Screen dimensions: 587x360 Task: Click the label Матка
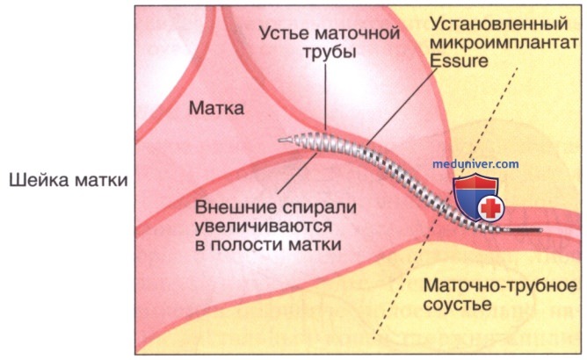click(216, 109)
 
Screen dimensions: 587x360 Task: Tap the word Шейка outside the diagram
click(38, 180)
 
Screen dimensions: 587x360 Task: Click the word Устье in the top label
click(283, 33)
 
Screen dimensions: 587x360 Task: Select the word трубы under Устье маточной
click(329, 53)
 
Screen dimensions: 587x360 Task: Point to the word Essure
click(459, 61)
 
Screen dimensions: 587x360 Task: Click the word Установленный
click(498, 25)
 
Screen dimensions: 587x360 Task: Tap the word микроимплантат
click(504, 43)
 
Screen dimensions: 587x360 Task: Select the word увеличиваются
click(264, 227)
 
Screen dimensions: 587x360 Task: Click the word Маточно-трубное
click(500, 286)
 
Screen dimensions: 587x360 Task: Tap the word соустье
click(457, 305)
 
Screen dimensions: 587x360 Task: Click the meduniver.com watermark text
click(475, 164)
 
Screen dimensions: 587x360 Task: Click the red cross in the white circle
click(490, 208)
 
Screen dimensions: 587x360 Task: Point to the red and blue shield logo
click(475, 198)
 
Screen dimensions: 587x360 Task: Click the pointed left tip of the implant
click(279, 140)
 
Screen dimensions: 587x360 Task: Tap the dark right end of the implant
click(541, 230)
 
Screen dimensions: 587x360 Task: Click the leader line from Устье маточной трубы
click(325, 97)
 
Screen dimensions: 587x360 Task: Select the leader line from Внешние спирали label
click(297, 172)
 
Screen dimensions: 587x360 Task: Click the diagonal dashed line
click(446, 203)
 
